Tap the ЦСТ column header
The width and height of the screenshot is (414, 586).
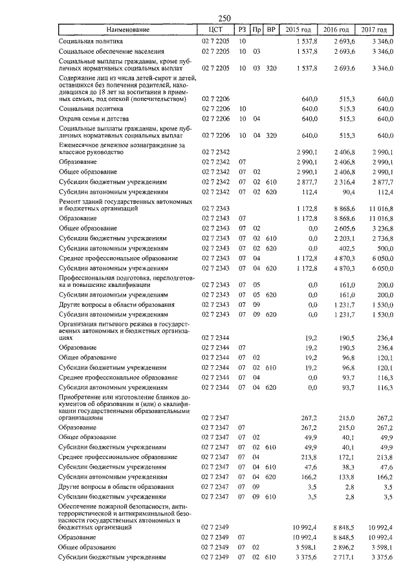click(x=216, y=30)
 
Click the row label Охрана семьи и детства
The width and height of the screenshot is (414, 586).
click(x=94, y=119)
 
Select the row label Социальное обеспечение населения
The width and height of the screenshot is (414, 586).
click(x=109, y=51)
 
